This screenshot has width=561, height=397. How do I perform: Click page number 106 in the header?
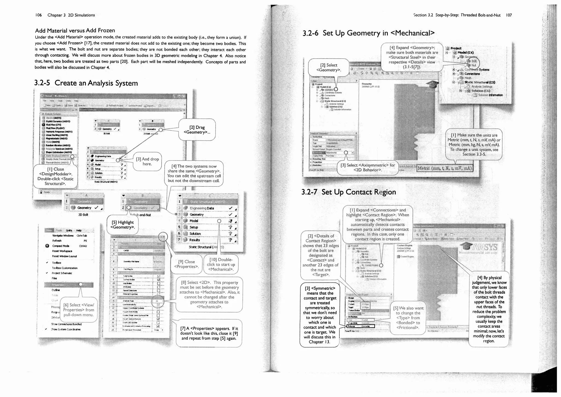(x=38, y=15)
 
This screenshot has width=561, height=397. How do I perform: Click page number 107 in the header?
(x=509, y=15)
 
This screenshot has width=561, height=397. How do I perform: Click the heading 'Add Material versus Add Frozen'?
(x=75, y=30)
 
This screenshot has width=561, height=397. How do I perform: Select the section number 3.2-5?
(x=42, y=83)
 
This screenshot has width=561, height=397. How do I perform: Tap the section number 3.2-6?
(x=310, y=33)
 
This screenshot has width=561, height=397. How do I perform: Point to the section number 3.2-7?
(x=309, y=192)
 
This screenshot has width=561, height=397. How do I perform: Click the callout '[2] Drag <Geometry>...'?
(x=197, y=130)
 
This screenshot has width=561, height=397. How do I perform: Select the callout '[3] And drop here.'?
(x=147, y=161)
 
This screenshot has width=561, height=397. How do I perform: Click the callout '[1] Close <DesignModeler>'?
(x=55, y=176)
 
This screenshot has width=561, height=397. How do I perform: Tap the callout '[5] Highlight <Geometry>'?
(x=122, y=225)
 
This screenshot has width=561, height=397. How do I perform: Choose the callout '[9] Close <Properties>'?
(x=186, y=264)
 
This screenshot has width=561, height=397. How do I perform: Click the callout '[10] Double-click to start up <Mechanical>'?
(x=221, y=264)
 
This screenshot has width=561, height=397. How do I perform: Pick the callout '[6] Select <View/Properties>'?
(x=79, y=310)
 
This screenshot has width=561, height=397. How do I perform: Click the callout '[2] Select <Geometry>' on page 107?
(x=329, y=67)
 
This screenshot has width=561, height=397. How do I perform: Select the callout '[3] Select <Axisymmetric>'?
(x=368, y=167)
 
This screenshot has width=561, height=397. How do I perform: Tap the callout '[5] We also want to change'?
(x=408, y=318)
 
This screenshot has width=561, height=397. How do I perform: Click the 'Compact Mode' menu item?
(x=61, y=246)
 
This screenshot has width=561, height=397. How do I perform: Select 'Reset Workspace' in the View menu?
(x=62, y=251)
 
